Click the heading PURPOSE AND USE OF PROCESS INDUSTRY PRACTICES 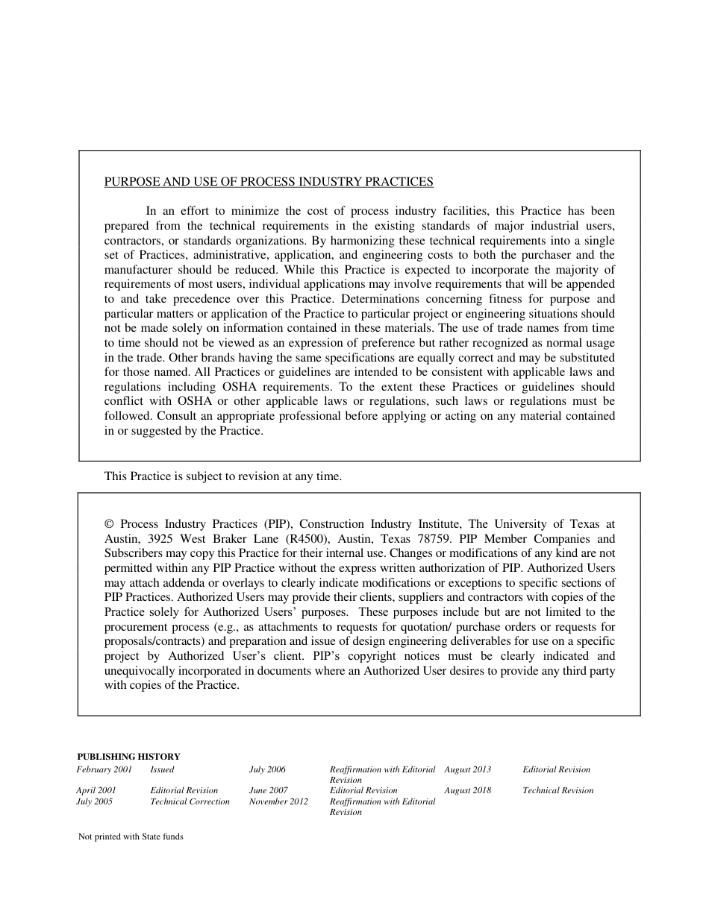pos(269,182)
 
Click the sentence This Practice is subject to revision pos(222,476)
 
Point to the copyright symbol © pos(109,524)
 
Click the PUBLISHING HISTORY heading pos(128,757)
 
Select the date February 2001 pos(104,769)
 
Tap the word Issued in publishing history pos(162,769)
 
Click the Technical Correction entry pos(190,801)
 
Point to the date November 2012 pos(278,801)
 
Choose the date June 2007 pos(268,790)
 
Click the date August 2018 pos(467,790)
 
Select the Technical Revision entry pos(557,790)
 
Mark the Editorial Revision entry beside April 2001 pos(184,790)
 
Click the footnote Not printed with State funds pos(131,836)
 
